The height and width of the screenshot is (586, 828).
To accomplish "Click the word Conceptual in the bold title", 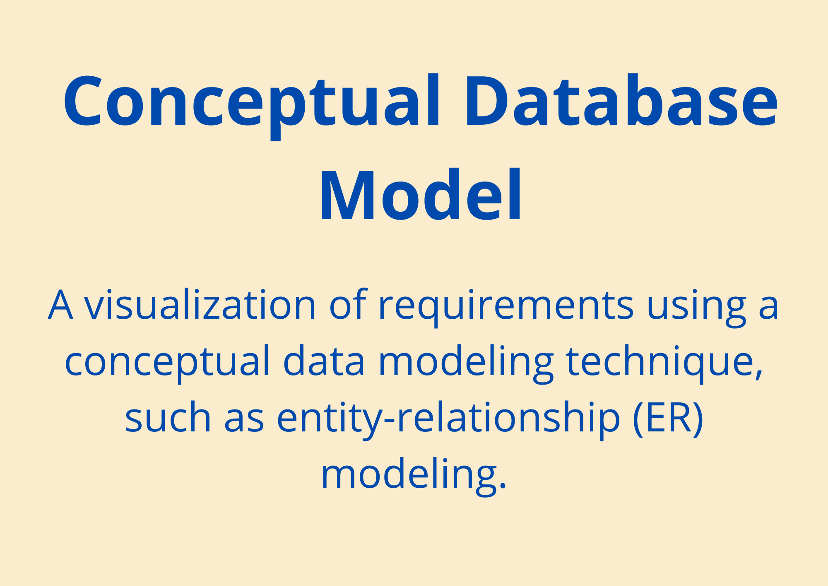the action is coord(252,105).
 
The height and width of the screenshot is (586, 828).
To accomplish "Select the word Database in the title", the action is coord(621,100).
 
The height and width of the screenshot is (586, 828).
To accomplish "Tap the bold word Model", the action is coord(420,195).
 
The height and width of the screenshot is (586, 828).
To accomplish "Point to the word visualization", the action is coord(200,305).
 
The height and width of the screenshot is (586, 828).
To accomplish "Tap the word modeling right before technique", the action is coord(466,363).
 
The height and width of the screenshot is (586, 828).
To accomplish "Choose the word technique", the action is coord(660,363).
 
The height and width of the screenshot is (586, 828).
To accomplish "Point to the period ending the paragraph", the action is coord(503,486).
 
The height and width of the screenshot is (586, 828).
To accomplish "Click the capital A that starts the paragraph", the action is coord(60,305).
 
